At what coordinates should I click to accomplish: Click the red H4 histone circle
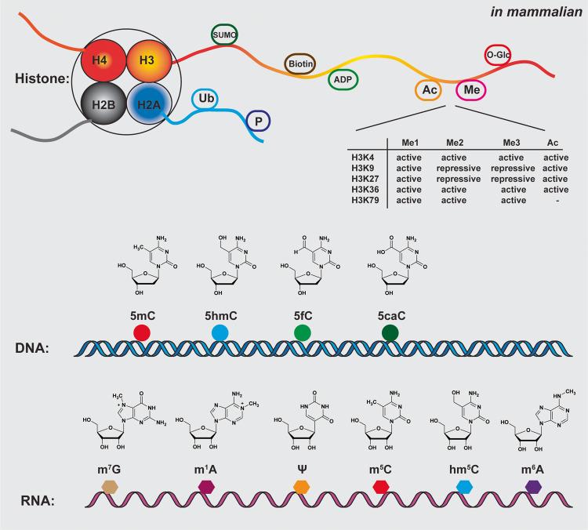pos(102,59)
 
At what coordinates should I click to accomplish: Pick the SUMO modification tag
pos(225,35)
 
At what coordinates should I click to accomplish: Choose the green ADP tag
pos(342,79)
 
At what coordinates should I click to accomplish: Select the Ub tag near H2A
pos(208,100)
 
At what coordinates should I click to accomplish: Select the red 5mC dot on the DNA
pos(141,332)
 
